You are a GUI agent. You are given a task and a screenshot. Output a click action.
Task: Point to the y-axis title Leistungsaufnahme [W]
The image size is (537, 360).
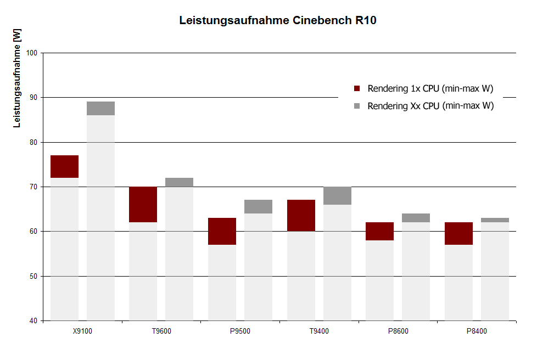point(16,80)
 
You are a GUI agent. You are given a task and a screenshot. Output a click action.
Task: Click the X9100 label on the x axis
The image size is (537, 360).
point(82,331)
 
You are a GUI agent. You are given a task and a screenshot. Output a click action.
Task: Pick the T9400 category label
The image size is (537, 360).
point(319,331)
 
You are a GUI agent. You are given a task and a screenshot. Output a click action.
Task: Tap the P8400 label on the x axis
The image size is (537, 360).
point(477,331)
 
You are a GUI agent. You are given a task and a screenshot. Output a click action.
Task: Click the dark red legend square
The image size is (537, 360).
point(357,88)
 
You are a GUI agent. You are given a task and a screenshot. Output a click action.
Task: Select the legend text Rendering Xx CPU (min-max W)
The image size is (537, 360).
point(431,106)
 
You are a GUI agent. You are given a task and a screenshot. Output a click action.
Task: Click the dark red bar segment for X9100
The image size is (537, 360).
point(64,166)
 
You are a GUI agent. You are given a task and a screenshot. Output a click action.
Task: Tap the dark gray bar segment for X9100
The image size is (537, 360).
point(100,108)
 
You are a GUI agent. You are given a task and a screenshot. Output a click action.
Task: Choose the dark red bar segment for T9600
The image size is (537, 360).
point(143,204)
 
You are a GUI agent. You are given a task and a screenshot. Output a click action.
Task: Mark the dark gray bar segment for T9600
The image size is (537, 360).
point(179,182)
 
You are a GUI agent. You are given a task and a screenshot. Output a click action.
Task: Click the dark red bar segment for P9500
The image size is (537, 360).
point(222,231)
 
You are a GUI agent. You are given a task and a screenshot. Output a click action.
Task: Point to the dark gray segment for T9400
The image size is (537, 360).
point(337,195)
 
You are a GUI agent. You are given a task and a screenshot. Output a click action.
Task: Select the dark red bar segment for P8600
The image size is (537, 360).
point(379,231)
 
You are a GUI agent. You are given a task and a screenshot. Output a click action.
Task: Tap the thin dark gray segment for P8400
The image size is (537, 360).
point(495,220)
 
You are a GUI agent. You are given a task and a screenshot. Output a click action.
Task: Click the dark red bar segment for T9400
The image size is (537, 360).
point(301,215)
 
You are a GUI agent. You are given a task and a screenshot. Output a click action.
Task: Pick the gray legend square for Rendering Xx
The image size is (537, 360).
point(357,106)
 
